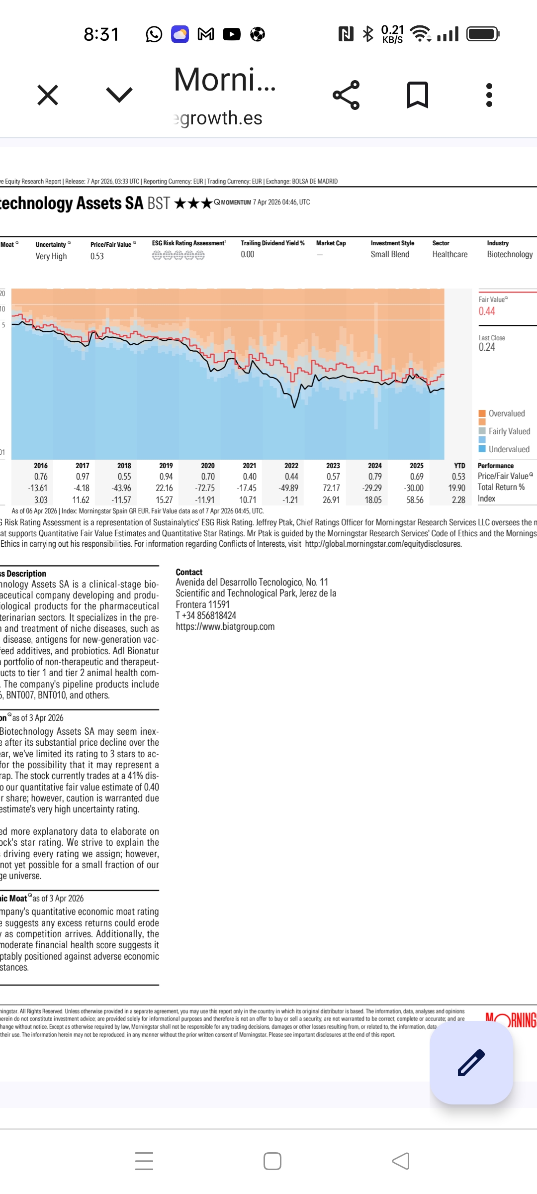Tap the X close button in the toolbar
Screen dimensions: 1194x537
click(x=48, y=95)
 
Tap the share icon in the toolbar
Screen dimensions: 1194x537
click(x=346, y=95)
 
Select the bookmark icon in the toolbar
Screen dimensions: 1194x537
click(x=418, y=95)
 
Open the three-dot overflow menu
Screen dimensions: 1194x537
click(x=489, y=95)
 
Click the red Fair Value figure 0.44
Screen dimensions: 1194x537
click(x=487, y=311)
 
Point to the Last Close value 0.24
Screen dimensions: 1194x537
click(x=487, y=347)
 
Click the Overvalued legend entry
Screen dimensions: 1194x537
click(x=506, y=413)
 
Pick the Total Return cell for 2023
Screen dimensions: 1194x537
click(x=332, y=488)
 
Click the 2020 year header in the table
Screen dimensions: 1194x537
click(x=208, y=466)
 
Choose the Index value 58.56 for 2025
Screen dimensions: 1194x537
click(x=415, y=500)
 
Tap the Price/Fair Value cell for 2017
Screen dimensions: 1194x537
click(x=83, y=477)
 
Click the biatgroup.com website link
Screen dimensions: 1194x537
click(x=225, y=627)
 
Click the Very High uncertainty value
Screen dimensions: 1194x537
click(x=51, y=256)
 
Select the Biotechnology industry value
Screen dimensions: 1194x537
click(x=510, y=254)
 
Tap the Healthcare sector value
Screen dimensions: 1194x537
click(x=450, y=254)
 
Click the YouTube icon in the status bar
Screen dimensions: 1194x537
click(x=232, y=34)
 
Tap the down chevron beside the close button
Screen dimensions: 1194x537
click(x=119, y=95)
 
